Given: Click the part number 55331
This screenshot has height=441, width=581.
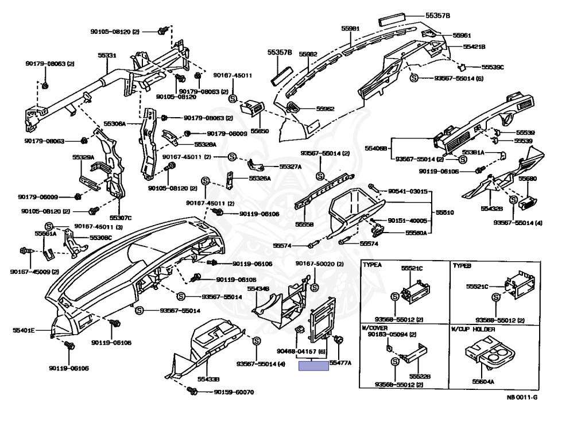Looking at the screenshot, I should [x=106, y=56].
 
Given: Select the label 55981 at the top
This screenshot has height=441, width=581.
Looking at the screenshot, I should [x=350, y=28].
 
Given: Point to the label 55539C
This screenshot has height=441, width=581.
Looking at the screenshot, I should [x=493, y=67].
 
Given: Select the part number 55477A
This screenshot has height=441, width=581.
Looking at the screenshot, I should [x=340, y=363].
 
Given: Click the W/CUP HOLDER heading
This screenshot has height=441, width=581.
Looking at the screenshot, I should [x=474, y=329].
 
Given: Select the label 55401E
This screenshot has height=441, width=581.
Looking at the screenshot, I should [x=24, y=330].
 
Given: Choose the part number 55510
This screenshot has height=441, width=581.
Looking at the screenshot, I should [x=445, y=212].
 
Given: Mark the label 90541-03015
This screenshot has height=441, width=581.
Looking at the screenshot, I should [x=408, y=191].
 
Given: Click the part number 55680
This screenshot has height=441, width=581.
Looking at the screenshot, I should [x=528, y=179].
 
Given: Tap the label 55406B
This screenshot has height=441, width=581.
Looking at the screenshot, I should [x=375, y=148].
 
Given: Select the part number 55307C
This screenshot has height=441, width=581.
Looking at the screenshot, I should [x=121, y=218].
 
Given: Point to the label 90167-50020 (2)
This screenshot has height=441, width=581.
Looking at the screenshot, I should [x=319, y=263].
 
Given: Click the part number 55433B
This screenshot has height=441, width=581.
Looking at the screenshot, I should [x=209, y=380].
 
